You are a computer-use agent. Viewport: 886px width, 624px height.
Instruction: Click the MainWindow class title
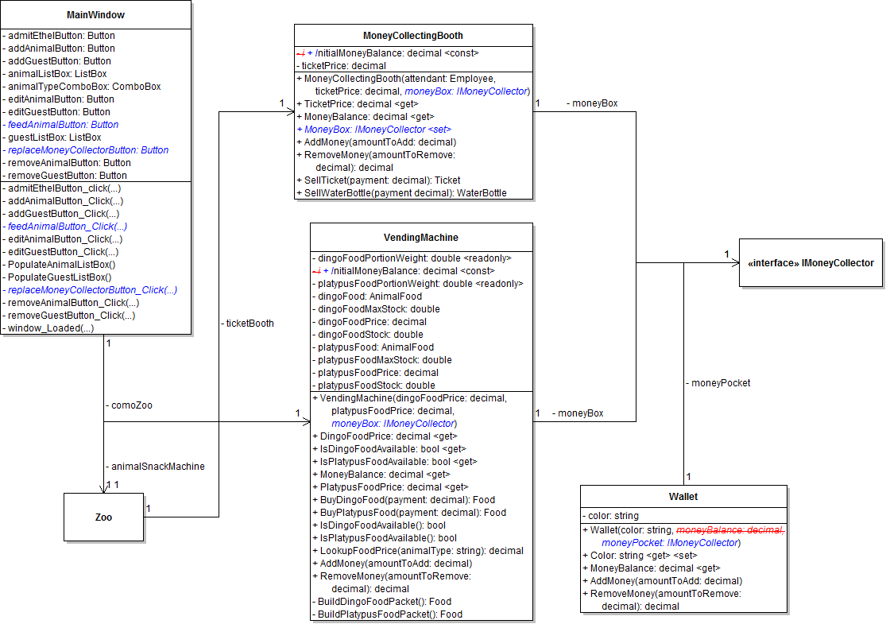96,15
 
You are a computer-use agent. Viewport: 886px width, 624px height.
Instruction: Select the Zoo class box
103,517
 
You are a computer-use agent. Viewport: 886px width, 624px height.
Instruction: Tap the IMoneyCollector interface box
811,263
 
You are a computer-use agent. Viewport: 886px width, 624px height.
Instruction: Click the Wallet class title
683,497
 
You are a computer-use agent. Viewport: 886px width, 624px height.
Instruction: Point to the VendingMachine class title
421,238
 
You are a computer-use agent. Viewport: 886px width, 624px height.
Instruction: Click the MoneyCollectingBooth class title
413,36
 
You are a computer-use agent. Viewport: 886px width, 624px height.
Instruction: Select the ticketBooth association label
247,324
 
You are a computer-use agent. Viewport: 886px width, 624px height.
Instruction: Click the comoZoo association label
129,405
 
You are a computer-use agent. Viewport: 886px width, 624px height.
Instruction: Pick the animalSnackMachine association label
155,467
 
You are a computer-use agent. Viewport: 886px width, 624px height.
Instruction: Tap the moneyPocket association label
718,383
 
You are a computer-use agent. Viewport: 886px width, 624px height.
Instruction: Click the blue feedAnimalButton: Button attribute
61,125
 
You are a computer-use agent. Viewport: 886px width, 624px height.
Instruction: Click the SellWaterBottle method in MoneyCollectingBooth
401,193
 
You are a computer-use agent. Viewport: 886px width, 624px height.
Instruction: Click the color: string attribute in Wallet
611,516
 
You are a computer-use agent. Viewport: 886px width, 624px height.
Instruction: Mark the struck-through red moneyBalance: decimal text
730,530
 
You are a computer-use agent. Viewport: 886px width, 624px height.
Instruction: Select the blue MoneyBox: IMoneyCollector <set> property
373,130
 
